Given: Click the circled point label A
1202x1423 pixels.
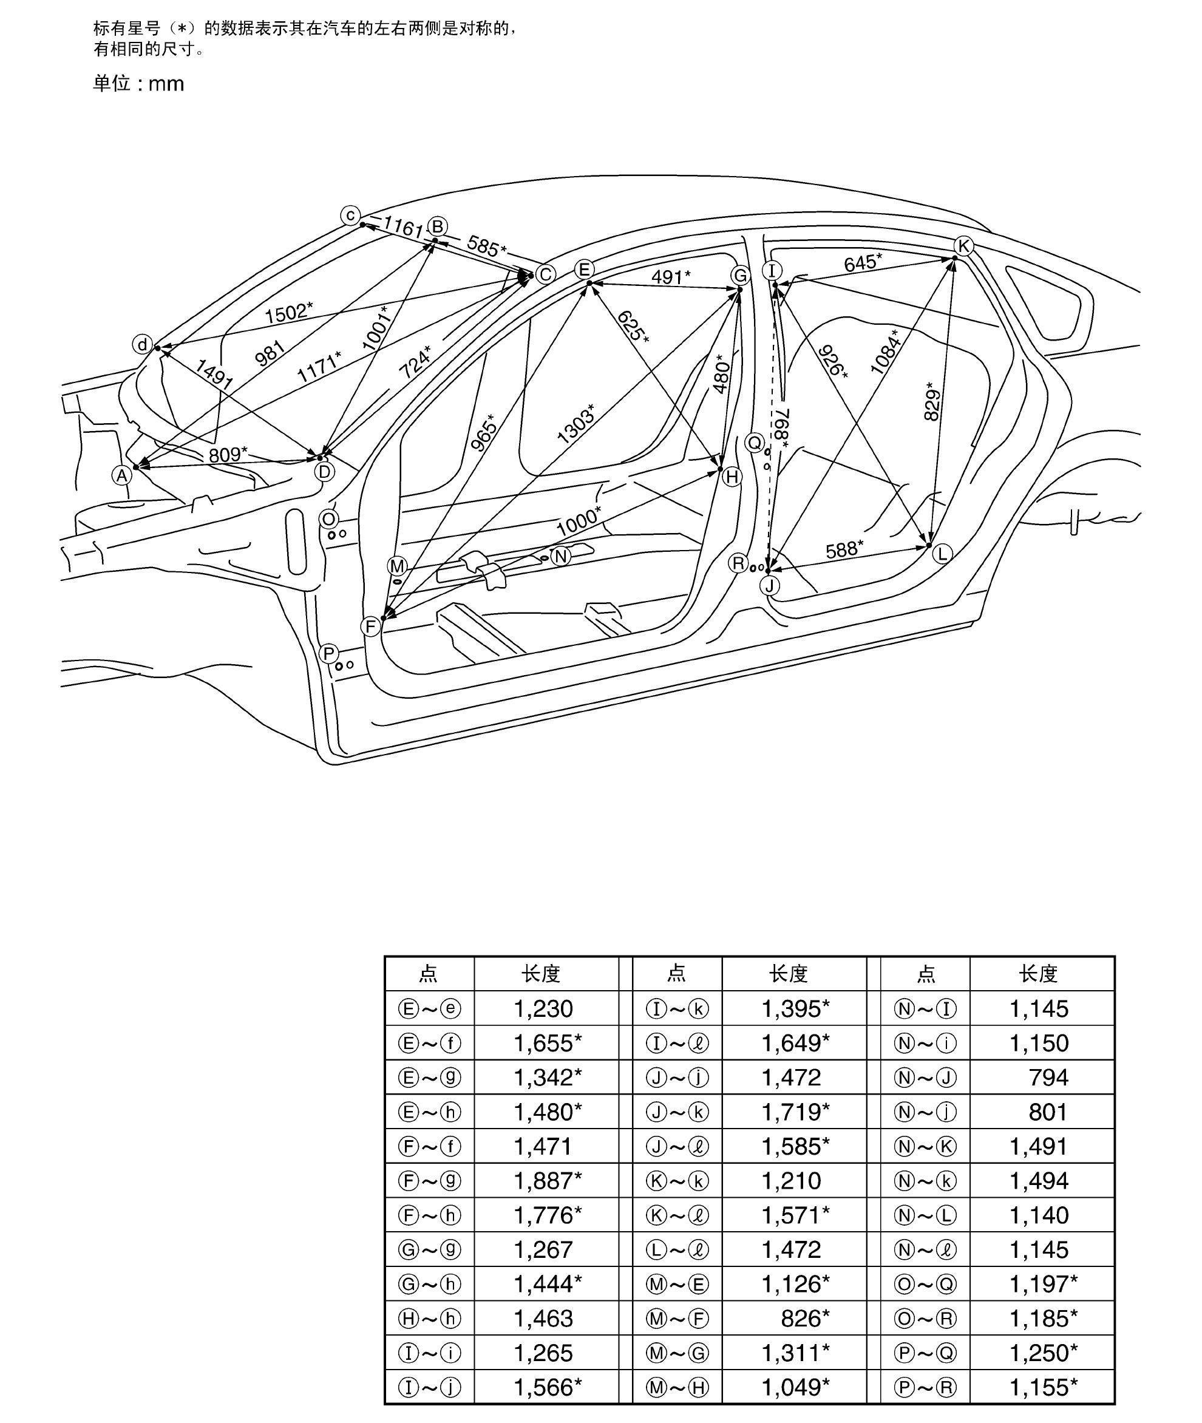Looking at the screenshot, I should [122, 475].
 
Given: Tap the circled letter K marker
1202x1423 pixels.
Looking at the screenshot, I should [963, 246].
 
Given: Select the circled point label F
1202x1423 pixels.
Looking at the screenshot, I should [371, 627].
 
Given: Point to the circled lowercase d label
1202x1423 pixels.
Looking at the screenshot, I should [141, 345].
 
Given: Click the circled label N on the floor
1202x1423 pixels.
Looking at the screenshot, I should [561, 557].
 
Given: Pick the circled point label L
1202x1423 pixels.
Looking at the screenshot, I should [942, 554].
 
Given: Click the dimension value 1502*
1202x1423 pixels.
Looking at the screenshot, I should [289, 313].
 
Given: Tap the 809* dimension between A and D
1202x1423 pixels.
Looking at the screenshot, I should [228, 454].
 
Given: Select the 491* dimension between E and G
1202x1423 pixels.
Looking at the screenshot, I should [670, 277].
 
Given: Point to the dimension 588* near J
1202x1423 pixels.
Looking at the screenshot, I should [844, 549].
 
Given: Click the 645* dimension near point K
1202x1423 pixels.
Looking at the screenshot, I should [863, 262].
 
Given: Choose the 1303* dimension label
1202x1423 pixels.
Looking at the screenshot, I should [576, 424].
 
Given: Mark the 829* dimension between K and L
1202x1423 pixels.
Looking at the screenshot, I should [934, 405].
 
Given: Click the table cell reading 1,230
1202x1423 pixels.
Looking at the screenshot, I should [543, 1008].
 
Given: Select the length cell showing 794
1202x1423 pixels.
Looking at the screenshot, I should [1048, 1078].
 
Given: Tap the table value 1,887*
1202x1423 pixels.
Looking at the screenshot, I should [547, 1180].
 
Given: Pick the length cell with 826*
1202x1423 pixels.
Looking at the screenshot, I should [805, 1318].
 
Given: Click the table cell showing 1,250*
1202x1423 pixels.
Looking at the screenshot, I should [1043, 1353].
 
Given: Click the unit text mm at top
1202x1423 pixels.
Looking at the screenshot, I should [166, 84].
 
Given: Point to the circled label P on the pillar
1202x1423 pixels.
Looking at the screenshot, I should [329, 654].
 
